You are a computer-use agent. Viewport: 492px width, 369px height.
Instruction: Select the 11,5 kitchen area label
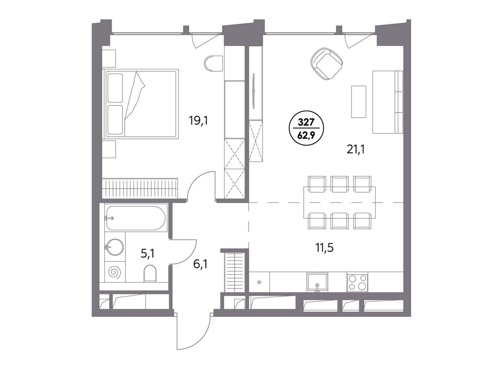324,248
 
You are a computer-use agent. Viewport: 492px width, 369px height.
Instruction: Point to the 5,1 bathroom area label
148,254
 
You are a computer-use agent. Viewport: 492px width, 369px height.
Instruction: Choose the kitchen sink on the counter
317,282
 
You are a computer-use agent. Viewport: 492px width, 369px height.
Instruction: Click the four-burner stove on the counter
358,282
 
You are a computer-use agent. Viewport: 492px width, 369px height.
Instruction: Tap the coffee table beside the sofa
359,101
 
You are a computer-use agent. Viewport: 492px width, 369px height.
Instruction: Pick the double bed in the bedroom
140,104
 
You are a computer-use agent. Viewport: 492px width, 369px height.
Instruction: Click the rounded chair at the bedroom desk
213,64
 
